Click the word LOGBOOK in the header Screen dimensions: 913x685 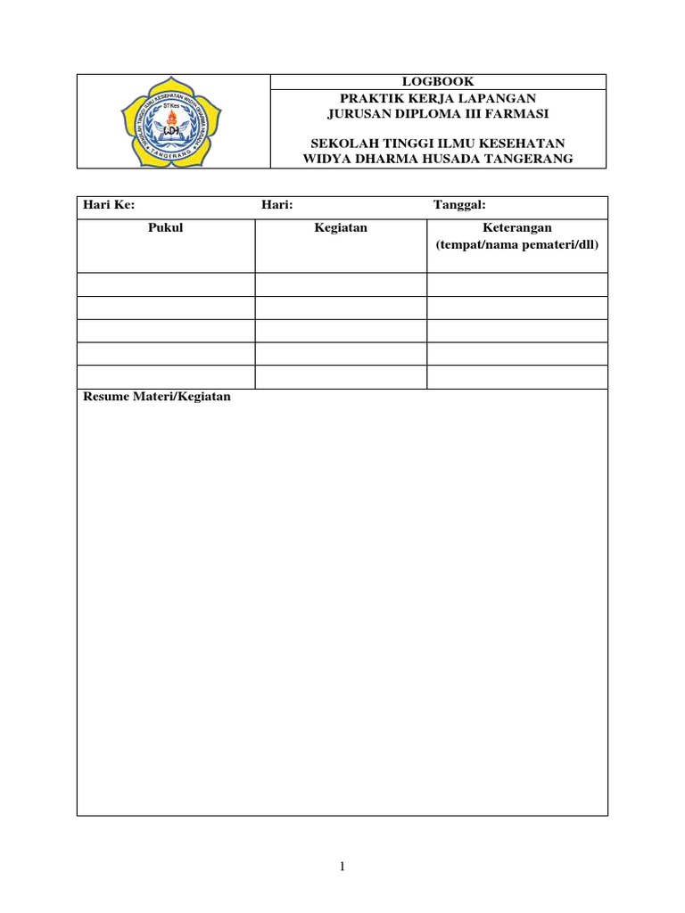coord(438,81)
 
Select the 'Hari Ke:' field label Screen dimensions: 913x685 coord(108,205)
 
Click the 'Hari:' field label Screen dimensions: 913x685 coord(277,205)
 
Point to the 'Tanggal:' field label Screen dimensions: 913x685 coord(459,205)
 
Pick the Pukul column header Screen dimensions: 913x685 coord(165,228)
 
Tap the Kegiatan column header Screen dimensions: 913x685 coord(341,228)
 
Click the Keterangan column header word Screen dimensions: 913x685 coord(517,228)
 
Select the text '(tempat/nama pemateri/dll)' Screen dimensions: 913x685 coord(517,244)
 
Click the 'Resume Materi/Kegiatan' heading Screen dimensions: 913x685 coord(157,397)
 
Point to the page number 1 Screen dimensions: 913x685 coord(342,867)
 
